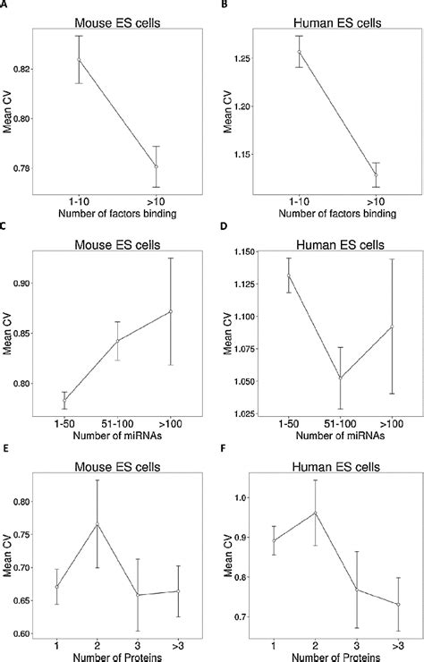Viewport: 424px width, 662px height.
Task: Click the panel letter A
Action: (5, 4)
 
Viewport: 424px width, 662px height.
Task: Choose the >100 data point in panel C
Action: (171, 311)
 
